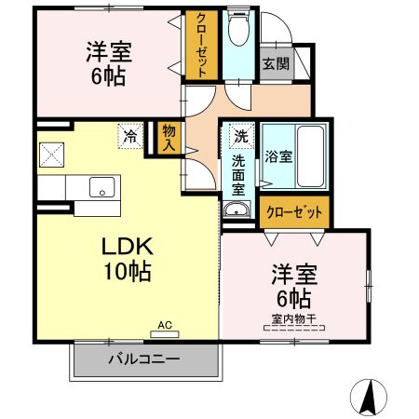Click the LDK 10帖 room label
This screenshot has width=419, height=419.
[x=127, y=259]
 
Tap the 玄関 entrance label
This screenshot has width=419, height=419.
[x=275, y=64]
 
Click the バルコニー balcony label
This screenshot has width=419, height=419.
[x=143, y=358]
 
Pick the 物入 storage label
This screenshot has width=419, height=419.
[x=169, y=138]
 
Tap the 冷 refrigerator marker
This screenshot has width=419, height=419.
[x=129, y=137]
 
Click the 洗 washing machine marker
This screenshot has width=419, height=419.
[x=240, y=136]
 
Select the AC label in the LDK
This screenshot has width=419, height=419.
[x=165, y=325]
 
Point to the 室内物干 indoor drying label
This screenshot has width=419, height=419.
[x=294, y=319]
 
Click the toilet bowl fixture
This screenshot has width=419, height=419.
[x=237, y=30]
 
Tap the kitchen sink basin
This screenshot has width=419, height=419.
[x=100, y=186]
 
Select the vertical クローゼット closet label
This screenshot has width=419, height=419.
[x=202, y=45]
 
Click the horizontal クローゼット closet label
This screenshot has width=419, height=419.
[x=294, y=212]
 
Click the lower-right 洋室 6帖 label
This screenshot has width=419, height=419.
[x=294, y=286]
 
